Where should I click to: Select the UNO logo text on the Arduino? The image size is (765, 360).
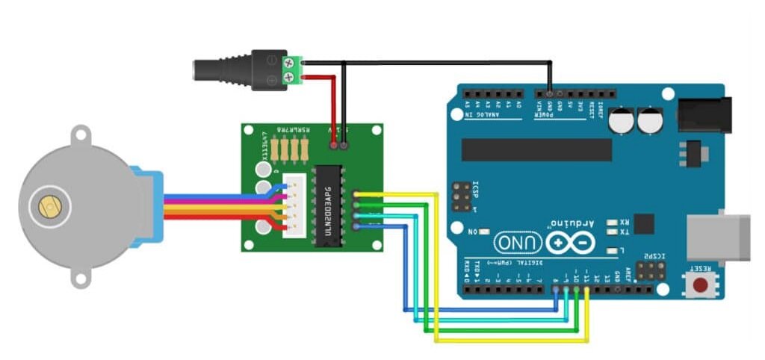[516, 243]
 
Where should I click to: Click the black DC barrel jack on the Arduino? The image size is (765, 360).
[701, 114]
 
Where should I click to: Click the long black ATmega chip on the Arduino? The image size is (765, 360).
[536, 149]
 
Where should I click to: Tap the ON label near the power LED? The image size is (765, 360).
[472, 232]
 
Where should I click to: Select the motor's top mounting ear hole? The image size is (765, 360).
[81, 137]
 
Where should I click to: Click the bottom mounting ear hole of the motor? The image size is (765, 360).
[81, 279]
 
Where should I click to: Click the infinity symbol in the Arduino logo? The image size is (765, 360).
[571, 243]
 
